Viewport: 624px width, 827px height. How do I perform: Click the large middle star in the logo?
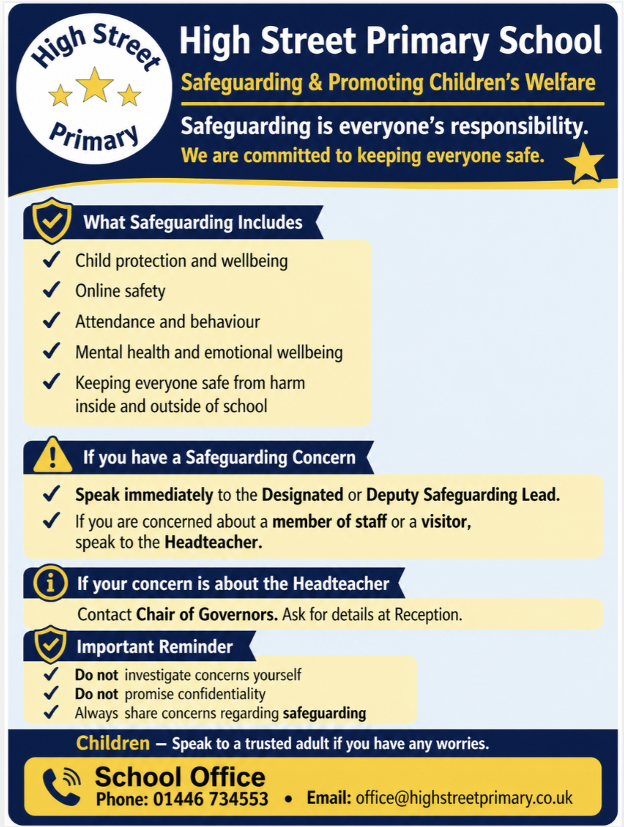(95, 86)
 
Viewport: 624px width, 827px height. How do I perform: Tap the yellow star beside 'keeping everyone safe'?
(584, 164)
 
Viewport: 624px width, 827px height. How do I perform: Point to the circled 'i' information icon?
(50, 583)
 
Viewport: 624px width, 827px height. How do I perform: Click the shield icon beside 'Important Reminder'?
(51, 645)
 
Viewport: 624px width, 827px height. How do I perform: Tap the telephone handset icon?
(60, 787)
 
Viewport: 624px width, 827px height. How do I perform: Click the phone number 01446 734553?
(211, 798)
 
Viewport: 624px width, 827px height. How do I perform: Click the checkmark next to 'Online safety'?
(51, 290)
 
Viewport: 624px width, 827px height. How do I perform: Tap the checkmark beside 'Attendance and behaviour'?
(51, 321)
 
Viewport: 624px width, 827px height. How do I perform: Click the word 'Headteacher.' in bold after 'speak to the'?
(214, 543)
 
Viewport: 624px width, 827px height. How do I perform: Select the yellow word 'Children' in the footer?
(113, 744)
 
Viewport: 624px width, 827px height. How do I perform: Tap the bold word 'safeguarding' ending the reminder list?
(324, 714)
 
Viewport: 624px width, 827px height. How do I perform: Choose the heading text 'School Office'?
(180, 776)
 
